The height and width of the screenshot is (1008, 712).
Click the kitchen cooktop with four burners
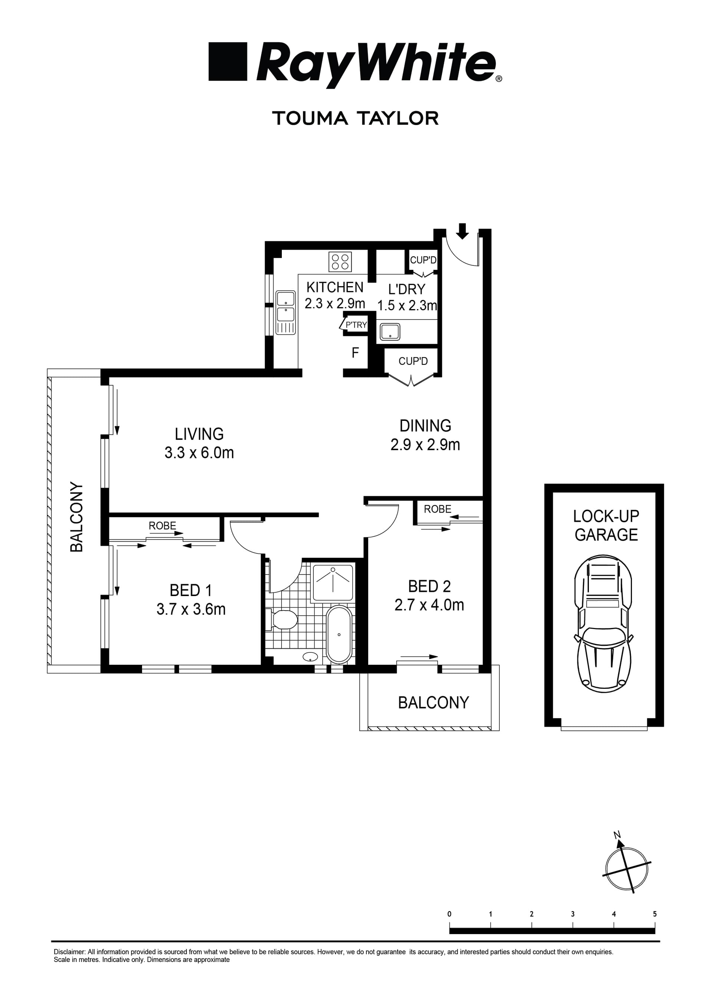click(x=340, y=262)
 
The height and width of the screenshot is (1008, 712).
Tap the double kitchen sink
click(x=286, y=312)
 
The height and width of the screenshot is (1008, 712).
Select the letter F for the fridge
click(x=355, y=353)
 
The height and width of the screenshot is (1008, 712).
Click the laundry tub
click(x=389, y=332)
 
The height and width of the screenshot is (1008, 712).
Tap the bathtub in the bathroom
click(x=339, y=634)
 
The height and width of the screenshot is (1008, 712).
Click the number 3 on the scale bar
click(x=573, y=914)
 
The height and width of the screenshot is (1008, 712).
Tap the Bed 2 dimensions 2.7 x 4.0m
click(x=429, y=605)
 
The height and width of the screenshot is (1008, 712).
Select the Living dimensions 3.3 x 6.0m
click(x=199, y=453)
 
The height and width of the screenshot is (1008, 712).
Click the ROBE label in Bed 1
click(x=162, y=526)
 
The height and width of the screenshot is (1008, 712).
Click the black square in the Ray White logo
click(x=228, y=62)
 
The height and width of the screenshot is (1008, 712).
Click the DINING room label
click(x=425, y=425)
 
